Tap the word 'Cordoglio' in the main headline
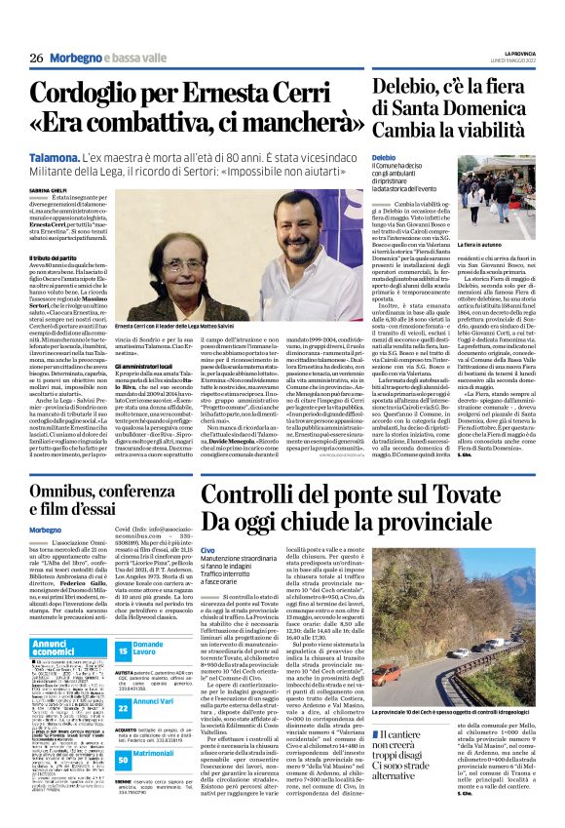[x=93, y=95]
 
